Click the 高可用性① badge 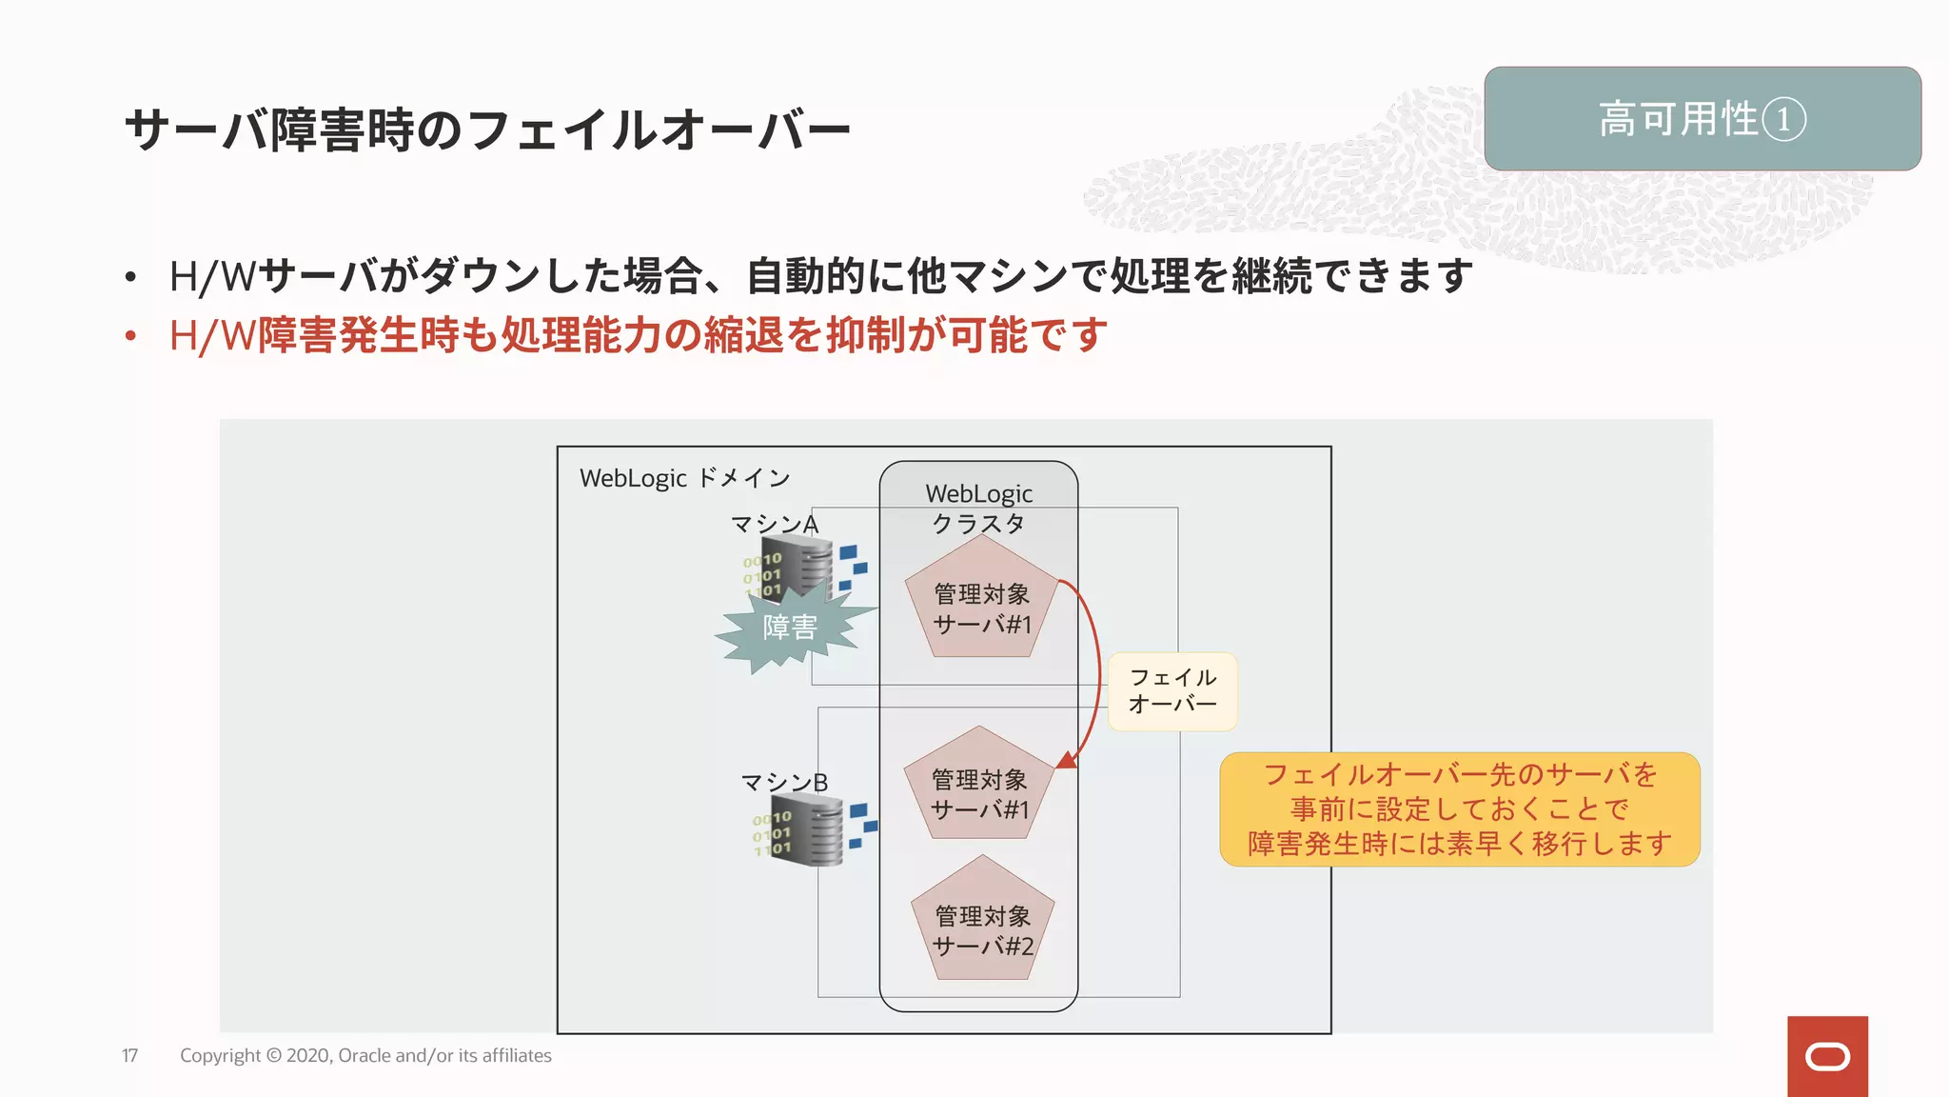click(x=1702, y=119)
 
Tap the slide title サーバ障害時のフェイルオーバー click(x=487, y=130)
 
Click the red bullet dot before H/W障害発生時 click(x=131, y=335)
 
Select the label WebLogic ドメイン click(x=684, y=478)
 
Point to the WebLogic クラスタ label click(x=978, y=509)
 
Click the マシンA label click(x=774, y=524)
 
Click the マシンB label click(x=784, y=783)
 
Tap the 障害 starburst click(x=790, y=628)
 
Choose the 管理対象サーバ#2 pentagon click(x=982, y=924)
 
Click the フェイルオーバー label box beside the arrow click(x=1172, y=691)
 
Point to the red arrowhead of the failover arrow click(x=1068, y=759)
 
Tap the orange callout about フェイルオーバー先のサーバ click(x=1459, y=809)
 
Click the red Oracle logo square click(x=1827, y=1056)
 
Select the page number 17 click(x=130, y=1056)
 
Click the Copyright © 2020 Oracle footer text click(x=365, y=1056)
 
